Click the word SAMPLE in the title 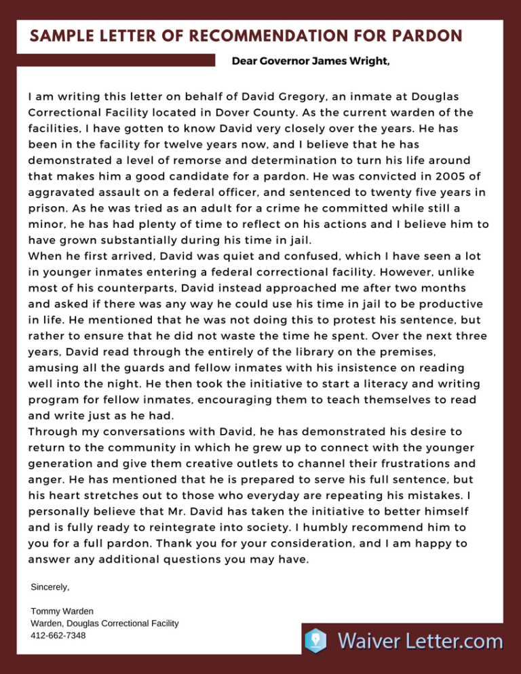click(60, 35)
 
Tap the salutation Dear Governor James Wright click(311, 62)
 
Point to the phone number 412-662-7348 click(58, 635)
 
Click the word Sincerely click(50, 585)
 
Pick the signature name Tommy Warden click(62, 611)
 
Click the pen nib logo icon click(316, 640)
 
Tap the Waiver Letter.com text click(421, 640)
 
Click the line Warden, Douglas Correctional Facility click(105, 623)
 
